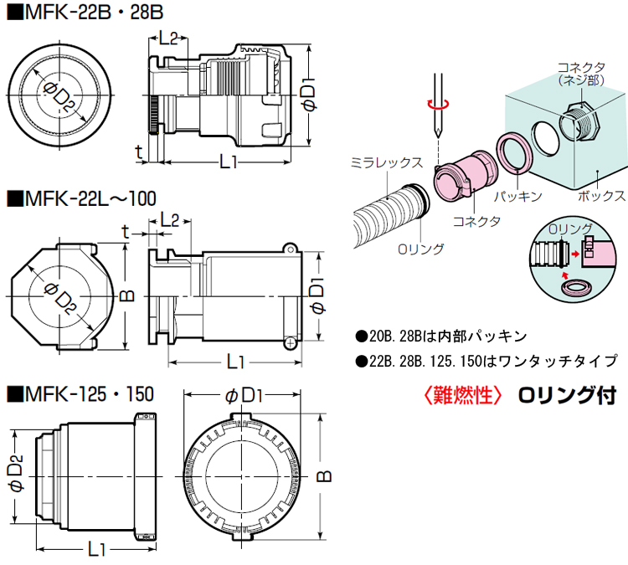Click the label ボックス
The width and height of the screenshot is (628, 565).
click(x=601, y=196)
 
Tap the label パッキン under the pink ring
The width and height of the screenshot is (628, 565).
click(x=517, y=196)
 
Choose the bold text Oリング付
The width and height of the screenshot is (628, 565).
click(x=566, y=394)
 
